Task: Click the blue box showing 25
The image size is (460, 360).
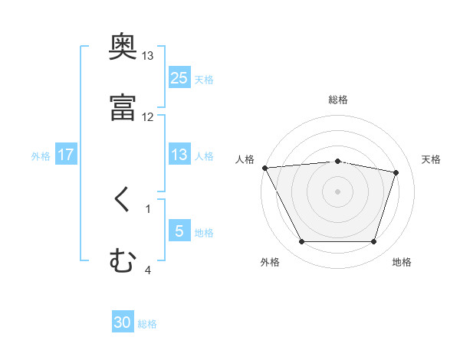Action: coord(179,77)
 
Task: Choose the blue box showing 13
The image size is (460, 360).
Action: coord(179,155)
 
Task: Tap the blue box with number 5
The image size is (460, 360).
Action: coord(179,231)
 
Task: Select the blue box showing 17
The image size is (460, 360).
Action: coord(66,155)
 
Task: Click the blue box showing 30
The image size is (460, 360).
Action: coord(123,322)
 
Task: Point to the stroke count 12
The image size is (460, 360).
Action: coord(148,116)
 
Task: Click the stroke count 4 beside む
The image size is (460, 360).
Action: coord(148,270)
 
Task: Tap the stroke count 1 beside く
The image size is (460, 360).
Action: coord(148,208)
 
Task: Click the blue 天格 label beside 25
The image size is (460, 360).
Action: coord(204,79)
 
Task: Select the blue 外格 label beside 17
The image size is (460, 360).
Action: coord(41,156)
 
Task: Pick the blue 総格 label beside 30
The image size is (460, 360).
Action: coord(147,324)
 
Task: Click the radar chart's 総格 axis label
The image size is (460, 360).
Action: coord(338,100)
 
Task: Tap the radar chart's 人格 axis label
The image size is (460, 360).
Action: coord(245,159)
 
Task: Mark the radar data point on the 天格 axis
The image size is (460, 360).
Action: coord(396,172)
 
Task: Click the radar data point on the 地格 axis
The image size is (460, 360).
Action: coord(373,242)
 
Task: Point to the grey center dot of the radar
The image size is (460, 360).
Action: coord(337,191)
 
